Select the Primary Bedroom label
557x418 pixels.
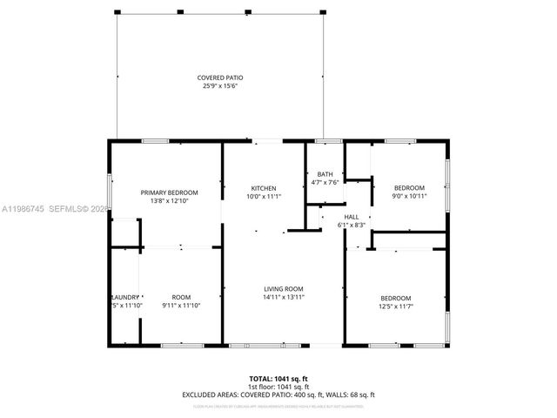pyautogui.click(x=170, y=192)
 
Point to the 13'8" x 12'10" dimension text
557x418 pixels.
pyautogui.click(x=170, y=200)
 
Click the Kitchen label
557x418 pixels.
pyautogui.click(x=264, y=188)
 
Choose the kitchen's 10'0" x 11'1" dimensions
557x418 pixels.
pyautogui.click(x=264, y=196)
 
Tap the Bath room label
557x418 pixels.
pyautogui.click(x=325, y=174)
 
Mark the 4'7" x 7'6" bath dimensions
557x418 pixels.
pyautogui.click(x=325, y=182)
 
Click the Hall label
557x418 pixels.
pyautogui.click(x=352, y=217)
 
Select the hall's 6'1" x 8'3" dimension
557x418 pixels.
pyautogui.click(x=352, y=225)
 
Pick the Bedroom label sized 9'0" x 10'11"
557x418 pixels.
pyautogui.click(x=409, y=188)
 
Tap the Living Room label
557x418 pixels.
pyautogui.click(x=284, y=289)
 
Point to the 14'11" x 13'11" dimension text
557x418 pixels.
pyautogui.click(x=284, y=297)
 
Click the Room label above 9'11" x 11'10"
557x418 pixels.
pyautogui.click(x=181, y=297)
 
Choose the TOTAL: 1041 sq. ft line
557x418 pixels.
pyautogui.click(x=278, y=379)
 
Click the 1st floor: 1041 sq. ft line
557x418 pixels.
pyautogui.click(x=278, y=387)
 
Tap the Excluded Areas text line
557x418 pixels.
pyautogui.click(x=278, y=394)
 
